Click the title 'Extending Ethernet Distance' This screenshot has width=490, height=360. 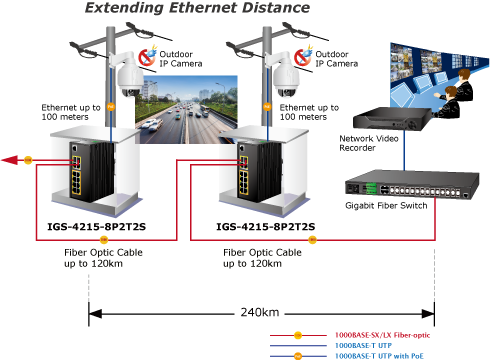pyautogui.click(x=197, y=8)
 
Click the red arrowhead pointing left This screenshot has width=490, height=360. pyautogui.click(x=9, y=160)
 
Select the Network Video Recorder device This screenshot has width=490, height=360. pyautogui.click(x=392, y=118)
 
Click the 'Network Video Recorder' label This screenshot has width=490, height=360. pyautogui.click(x=369, y=143)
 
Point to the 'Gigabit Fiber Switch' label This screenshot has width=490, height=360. pyautogui.click(x=386, y=205)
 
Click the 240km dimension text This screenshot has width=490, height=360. pyautogui.click(x=260, y=312)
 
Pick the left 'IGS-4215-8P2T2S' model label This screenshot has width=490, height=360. pyautogui.click(x=96, y=227)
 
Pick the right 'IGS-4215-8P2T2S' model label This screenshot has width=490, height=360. pyautogui.click(x=265, y=227)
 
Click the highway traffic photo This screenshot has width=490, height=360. pyautogui.click(x=187, y=110)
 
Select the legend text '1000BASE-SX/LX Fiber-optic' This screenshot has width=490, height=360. pyautogui.click(x=382, y=335)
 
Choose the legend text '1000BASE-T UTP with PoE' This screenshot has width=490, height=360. pyautogui.click(x=379, y=356)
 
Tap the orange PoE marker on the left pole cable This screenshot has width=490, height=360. pyautogui.click(x=111, y=107)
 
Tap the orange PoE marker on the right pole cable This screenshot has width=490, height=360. pyautogui.click(x=267, y=107)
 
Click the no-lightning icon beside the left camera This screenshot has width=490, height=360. pyautogui.click(x=148, y=56)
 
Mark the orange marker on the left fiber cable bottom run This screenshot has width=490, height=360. pyautogui.click(x=104, y=239)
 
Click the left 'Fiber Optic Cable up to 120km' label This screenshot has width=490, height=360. pyautogui.click(x=103, y=258)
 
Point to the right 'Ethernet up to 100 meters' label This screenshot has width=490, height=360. pyautogui.click(x=309, y=112)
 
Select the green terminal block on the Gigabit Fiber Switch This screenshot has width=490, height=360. pyautogui.click(x=370, y=188)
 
